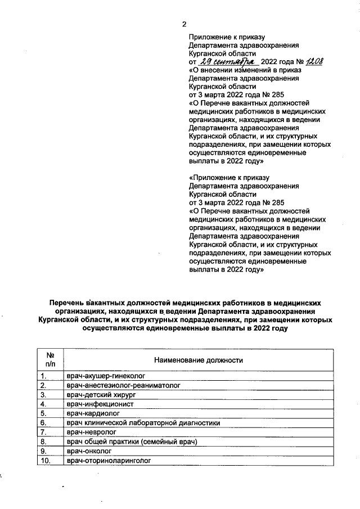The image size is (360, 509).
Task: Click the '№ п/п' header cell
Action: pyautogui.click(x=49, y=360)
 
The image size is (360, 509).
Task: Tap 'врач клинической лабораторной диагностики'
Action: pyautogui.click(x=142, y=423)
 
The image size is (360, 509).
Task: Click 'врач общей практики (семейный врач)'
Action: pyautogui.click(x=132, y=442)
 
